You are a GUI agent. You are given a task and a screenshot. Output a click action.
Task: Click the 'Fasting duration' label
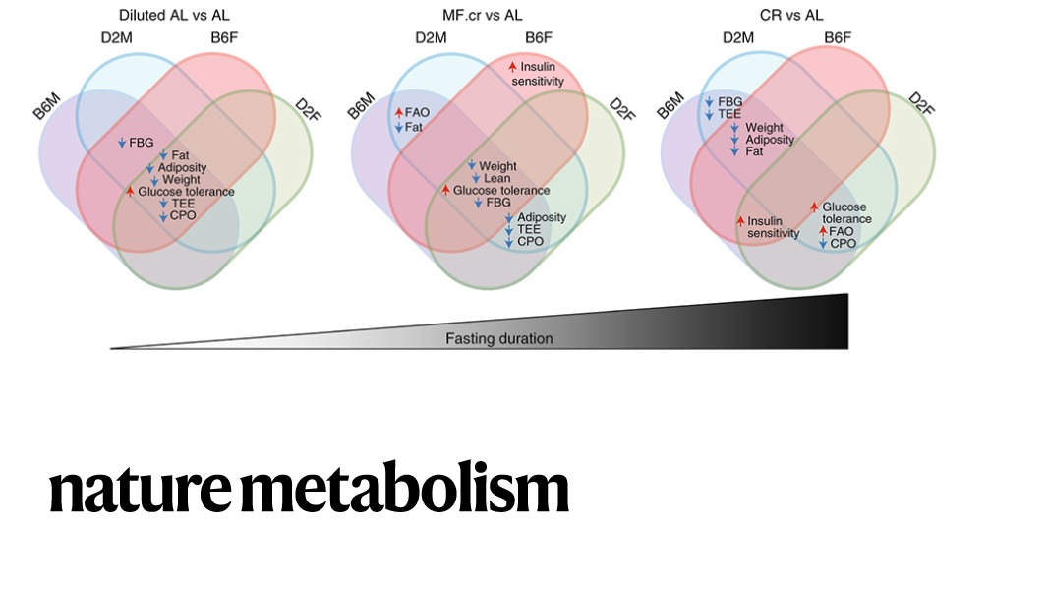point(498,339)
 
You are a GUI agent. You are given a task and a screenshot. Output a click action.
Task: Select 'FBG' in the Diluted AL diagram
point(142,143)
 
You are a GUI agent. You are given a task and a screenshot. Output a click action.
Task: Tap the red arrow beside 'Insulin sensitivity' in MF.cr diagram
point(512,67)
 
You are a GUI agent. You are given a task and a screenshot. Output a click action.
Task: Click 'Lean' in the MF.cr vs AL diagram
point(496,178)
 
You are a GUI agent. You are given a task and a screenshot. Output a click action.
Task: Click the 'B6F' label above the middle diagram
point(538,38)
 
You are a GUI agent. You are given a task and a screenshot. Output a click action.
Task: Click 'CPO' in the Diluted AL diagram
point(184,214)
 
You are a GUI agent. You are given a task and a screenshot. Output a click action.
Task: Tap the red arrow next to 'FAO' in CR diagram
point(823,230)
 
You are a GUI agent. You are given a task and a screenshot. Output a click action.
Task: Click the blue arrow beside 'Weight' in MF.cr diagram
point(472,166)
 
